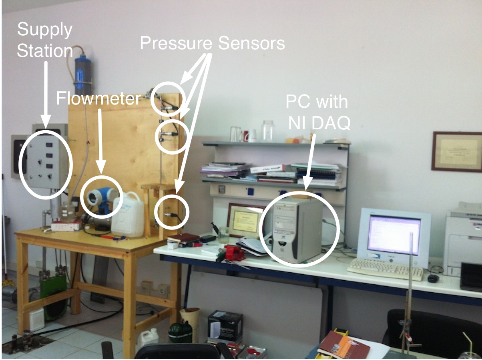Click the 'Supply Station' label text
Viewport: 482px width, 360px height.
pos(45,40)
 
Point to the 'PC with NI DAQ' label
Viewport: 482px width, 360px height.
pos(317,113)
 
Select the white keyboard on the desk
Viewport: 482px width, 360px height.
pos(385,269)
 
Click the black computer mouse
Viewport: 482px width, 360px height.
pos(433,278)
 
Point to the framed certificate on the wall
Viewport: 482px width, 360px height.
pos(457,151)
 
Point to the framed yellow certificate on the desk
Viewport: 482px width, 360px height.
pos(245,220)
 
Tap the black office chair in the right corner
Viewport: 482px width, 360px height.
pos(432,332)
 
